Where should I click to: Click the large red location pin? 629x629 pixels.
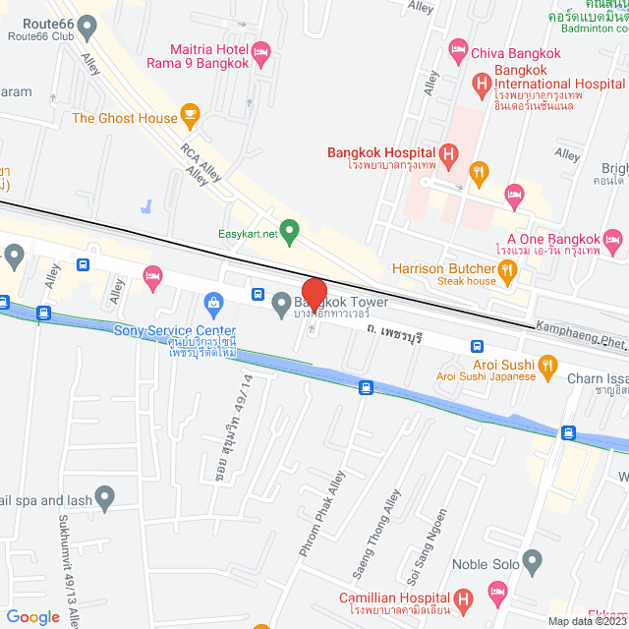coord(313,293)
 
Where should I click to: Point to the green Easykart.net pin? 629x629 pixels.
coord(289,233)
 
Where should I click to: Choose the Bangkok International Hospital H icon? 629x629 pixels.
coord(481,85)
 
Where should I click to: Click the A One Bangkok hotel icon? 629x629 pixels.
coord(613,239)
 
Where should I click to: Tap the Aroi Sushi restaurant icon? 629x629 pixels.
coord(550,361)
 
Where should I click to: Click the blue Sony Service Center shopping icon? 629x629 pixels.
coord(211,302)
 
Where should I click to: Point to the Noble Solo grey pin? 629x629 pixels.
coord(533,564)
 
